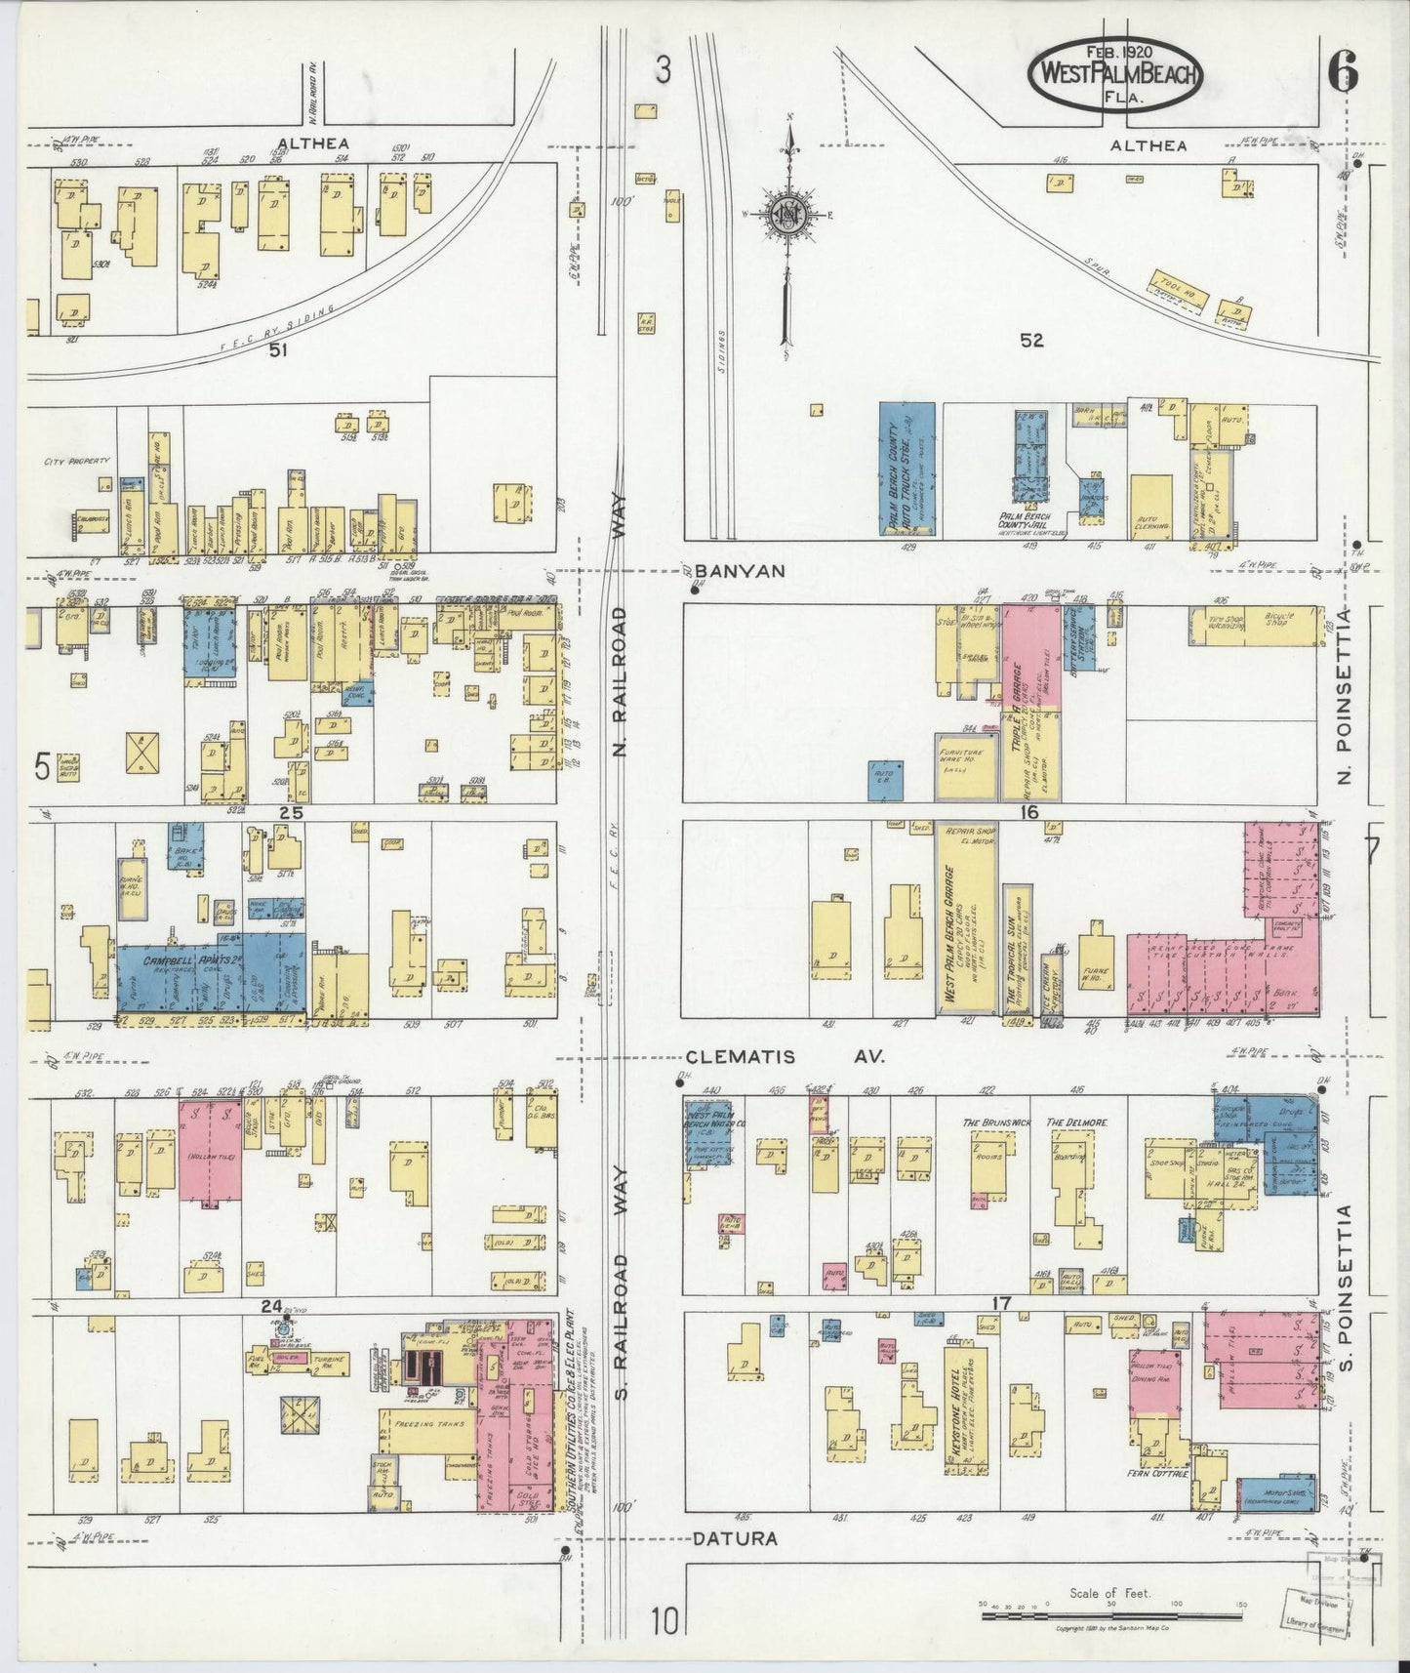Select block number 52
click(x=1031, y=340)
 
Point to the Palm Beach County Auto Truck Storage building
click(x=906, y=469)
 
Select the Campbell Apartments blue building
click(x=210, y=976)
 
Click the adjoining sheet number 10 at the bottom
click(x=663, y=1622)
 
